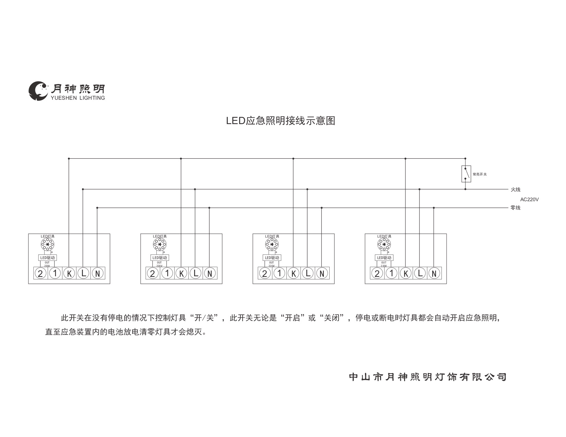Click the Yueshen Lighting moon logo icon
38,91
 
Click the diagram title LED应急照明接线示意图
280,121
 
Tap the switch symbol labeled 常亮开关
466,174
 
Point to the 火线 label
515,190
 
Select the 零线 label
515,208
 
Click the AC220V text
529,199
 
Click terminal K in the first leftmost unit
69,273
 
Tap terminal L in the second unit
196,273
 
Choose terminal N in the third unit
322,273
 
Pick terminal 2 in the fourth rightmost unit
377,273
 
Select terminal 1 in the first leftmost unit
55,273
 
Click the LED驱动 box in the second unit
160,258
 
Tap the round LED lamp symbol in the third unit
272,245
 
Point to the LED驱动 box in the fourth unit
384,258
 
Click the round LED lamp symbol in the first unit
47,245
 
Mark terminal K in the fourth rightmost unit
406,273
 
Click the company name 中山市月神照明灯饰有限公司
427,377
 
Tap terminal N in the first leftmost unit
97,273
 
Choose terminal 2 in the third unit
264,273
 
